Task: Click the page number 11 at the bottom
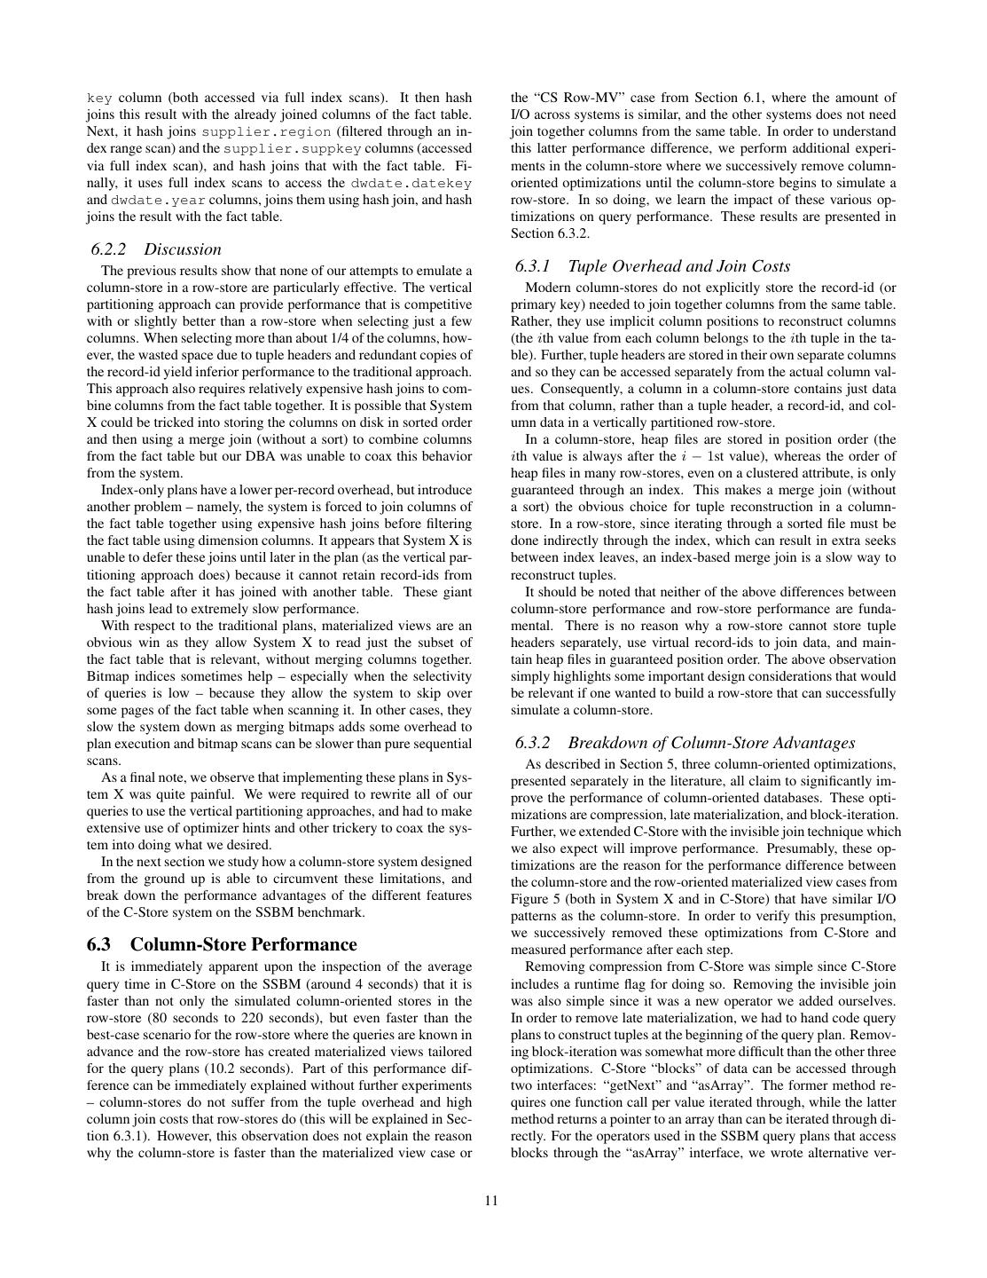coord(492,1201)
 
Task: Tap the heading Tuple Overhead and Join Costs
coord(678,266)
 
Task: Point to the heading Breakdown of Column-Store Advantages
coord(711,743)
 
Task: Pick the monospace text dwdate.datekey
coord(411,183)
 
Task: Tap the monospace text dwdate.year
coord(158,200)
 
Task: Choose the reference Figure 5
coord(537,899)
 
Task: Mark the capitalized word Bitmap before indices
coord(107,676)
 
